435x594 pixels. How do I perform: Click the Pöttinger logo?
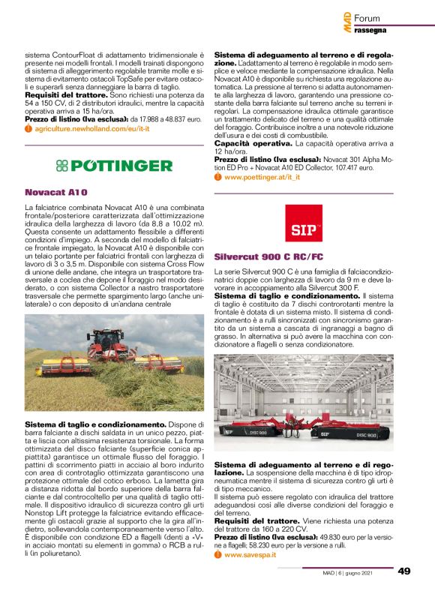point(114,165)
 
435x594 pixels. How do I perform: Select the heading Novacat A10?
point(52,191)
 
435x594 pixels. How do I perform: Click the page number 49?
point(404,571)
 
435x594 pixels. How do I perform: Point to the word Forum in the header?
point(367,17)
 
